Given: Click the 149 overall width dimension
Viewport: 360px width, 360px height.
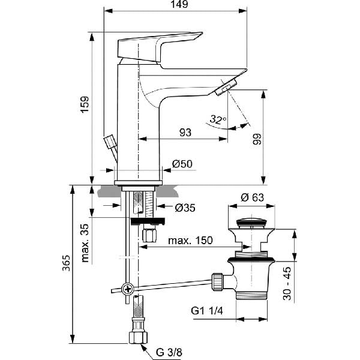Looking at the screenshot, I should [x=175, y=5].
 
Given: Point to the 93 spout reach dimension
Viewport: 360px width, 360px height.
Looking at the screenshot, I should [x=186, y=132].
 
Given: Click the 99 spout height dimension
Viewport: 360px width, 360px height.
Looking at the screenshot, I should [x=256, y=139].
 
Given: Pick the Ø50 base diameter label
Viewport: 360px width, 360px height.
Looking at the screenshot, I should [x=181, y=164].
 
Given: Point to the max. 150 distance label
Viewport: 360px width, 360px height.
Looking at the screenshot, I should [x=190, y=240].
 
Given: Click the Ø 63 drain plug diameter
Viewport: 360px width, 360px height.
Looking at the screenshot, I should [x=252, y=197].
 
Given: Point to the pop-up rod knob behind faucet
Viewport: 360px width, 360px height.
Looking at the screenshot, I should [x=110, y=142].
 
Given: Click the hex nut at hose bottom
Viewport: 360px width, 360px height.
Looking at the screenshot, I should [x=137, y=337].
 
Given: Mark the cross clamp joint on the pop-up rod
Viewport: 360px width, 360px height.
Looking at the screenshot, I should [x=127, y=289].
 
